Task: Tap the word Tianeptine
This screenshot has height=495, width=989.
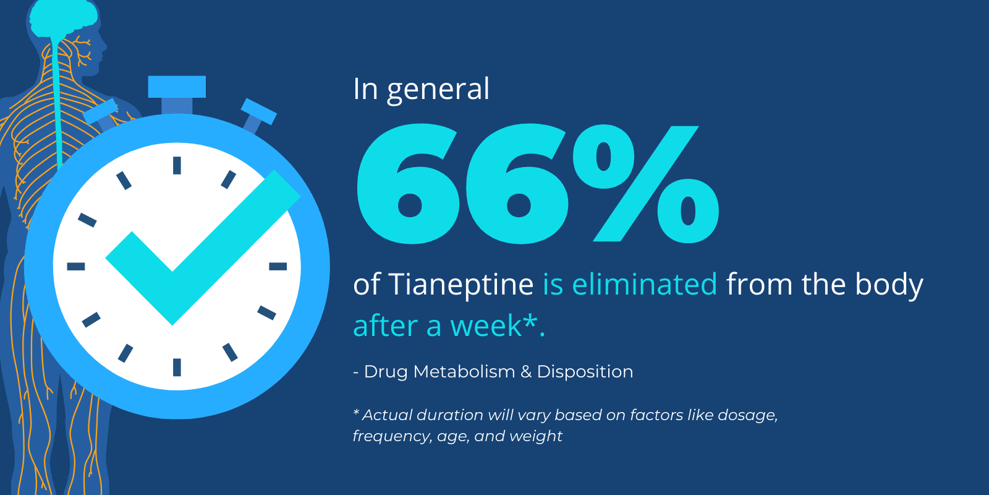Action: tap(461, 285)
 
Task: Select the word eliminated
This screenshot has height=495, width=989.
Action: tap(644, 285)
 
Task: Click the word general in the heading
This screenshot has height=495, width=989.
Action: tap(438, 90)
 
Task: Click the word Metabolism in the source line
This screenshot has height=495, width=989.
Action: tap(464, 372)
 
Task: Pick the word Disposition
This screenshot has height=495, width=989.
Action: tap(585, 372)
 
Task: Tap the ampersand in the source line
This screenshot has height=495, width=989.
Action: tap(526, 372)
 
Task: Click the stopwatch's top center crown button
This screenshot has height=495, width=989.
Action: tap(177, 87)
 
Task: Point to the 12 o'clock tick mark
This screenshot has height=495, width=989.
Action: tap(177, 165)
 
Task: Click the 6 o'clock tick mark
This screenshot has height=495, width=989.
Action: tap(177, 367)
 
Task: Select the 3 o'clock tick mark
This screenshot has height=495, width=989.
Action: tap(278, 266)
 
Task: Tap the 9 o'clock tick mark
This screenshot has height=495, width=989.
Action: tap(75, 266)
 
